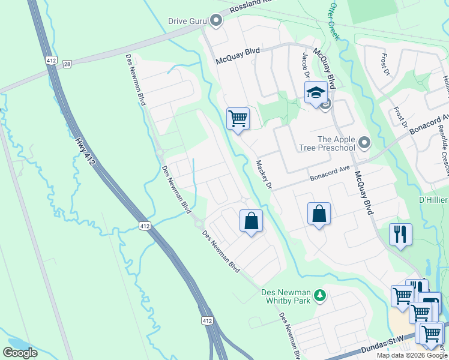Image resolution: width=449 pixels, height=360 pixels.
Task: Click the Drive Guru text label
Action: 187,21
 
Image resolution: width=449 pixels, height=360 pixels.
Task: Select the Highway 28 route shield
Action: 67,64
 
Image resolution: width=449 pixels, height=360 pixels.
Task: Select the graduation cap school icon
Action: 315,93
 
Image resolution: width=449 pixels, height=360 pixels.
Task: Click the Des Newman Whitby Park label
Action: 286,296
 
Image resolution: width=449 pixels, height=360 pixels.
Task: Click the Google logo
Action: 20,353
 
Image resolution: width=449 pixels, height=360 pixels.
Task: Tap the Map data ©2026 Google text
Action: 412,355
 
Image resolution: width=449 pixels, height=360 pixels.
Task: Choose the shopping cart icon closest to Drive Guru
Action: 238,118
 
